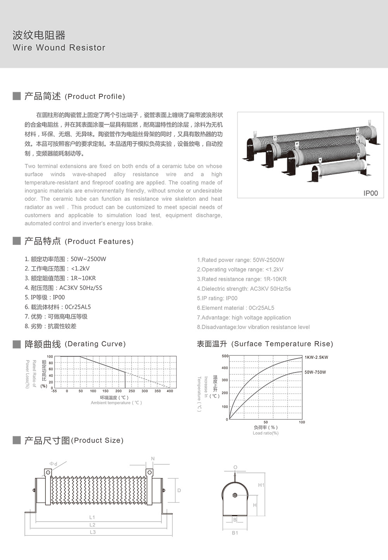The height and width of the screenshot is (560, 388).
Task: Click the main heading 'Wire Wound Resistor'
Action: pyautogui.click(x=59, y=48)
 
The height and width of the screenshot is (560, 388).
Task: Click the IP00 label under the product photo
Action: pyautogui.click(x=370, y=193)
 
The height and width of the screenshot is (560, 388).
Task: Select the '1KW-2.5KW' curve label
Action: pyautogui.click(x=316, y=357)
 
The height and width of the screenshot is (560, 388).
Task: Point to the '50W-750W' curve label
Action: pyautogui.click(x=315, y=372)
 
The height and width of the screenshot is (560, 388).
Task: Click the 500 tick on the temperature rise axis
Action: pyautogui.click(x=225, y=356)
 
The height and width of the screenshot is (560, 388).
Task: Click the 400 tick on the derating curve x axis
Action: pyautogui.click(x=170, y=391)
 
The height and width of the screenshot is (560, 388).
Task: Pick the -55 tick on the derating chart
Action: pyautogui.click(x=54, y=391)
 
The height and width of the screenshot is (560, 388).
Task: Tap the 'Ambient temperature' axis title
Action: pyautogui.click(x=116, y=403)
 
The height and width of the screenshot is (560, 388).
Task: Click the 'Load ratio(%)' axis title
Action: pyautogui.click(x=265, y=433)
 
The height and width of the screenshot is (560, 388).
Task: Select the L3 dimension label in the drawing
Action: pyautogui.click(x=93, y=532)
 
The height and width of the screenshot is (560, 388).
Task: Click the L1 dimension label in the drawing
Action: pyautogui.click(x=92, y=517)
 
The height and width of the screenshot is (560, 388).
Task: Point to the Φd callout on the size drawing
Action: pyautogui.click(x=53, y=464)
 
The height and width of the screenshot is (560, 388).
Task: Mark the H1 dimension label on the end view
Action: pyautogui.click(x=261, y=485)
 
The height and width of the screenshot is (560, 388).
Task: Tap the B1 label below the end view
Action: pyautogui.click(x=235, y=533)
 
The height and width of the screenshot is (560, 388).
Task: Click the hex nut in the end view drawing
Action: pyautogui.click(x=235, y=495)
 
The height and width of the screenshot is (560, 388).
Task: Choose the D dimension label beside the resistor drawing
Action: pyautogui.click(x=179, y=491)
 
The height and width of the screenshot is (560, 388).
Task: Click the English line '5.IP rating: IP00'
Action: pyautogui.click(x=217, y=298)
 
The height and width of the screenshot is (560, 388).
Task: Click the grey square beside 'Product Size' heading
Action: pyautogui.click(x=17, y=440)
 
